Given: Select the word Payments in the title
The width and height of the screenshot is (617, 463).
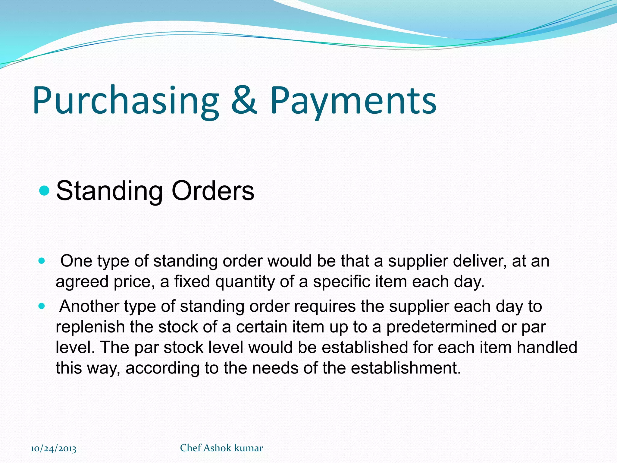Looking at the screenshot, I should (353, 101).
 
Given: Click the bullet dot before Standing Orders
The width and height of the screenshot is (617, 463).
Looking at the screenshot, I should (44, 191).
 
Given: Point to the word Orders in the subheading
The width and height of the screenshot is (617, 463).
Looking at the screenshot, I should (213, 191).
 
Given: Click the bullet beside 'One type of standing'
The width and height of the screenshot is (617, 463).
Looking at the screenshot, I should (42, 261).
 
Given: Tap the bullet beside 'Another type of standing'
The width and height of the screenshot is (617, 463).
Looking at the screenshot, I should (42, 306).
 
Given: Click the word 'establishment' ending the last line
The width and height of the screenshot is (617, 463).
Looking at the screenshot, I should (405, 368).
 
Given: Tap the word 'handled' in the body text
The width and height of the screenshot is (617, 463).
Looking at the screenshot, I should (547, 348).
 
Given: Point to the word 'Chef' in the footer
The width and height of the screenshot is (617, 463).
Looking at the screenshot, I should (190, 448).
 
